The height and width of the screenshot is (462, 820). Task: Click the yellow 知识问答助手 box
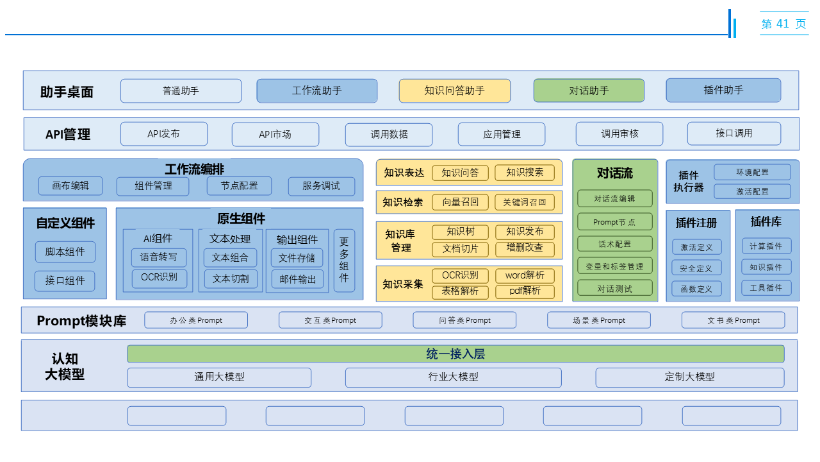click(454, 90)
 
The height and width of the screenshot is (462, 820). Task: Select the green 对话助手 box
click(589, 90)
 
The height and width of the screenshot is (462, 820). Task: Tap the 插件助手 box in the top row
click(723, 90)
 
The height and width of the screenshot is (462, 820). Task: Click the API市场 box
click(275, 134)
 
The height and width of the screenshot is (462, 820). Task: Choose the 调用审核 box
click(619, 133)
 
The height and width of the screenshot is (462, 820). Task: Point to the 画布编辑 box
click(70, 186)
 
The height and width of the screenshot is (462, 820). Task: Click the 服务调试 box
click(320, 186)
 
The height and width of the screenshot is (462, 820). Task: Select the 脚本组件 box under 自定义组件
click(65, 252)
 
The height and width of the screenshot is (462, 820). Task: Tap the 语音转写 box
click(159, 257)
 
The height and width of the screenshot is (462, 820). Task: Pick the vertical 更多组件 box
click(344, 260)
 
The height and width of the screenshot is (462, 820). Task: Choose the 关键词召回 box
click(524, 202)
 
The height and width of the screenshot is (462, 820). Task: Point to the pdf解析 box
click(525, 291)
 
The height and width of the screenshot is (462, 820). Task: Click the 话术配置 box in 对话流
click(614, 244)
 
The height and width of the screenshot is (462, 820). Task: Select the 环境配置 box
click(752, 172)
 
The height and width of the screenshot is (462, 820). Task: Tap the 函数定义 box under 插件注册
click(696, 289)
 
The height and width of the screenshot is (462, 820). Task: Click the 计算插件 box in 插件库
click(766, 246)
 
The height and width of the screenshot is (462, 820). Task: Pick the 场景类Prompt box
click(598, 320)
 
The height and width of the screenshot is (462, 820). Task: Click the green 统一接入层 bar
click(455, 354)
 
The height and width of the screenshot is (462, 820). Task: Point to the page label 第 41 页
click(783, 24)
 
